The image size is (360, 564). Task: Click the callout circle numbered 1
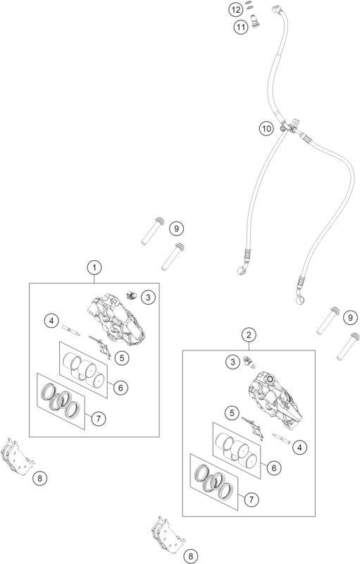click(94, 268)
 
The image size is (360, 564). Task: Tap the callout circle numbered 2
click(249, 335)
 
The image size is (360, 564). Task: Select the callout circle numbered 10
click(266, 128)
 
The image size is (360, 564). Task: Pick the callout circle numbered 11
click(241, 27)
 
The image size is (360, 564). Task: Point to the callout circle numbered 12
click(235, 10)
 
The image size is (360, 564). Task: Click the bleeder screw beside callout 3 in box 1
click(132, 295)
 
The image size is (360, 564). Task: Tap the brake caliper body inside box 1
click(116, 319)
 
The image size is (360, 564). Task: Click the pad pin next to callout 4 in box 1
click(70, 330)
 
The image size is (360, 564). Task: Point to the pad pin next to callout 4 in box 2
click(281, 439)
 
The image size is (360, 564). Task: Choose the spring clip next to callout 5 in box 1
click(100, 347)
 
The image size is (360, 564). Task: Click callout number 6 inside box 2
click(274, 468)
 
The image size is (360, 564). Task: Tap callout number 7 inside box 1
click(98, 418)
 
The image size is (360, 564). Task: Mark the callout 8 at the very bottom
click(190, 556)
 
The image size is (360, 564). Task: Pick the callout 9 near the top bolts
click(176, 228)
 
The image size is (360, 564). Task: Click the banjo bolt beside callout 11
click(256, 20)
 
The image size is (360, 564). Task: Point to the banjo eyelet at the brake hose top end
click(276, 8)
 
